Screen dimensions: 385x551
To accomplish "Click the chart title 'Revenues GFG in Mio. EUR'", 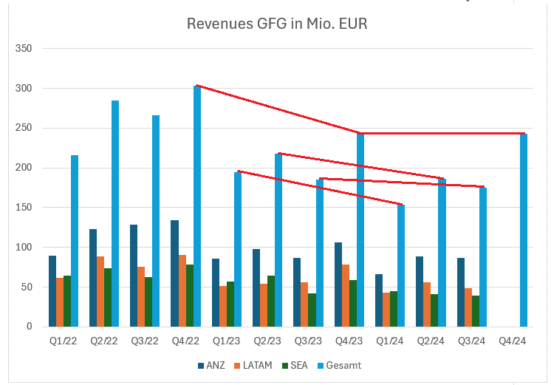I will [x=277, y=24].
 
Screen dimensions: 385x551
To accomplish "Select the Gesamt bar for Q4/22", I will [x=197, y=207].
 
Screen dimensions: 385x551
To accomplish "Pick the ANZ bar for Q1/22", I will [x=52, y=291].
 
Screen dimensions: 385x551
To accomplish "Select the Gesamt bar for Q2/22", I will [x=115, y=214].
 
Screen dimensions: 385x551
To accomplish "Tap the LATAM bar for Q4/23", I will [x=346, y=296].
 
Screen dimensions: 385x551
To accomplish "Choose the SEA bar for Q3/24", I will [x=476, y=311].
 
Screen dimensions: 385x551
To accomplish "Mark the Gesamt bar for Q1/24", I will [x=401, y=266].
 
